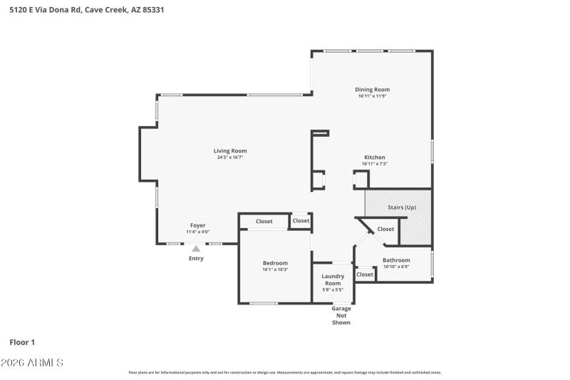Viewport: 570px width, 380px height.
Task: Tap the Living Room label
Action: click(230, 150)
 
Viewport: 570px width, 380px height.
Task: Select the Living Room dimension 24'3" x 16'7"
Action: click(230, 158)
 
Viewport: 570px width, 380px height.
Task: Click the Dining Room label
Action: click(372, 89)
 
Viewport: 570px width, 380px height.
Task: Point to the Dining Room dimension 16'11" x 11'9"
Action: click(372, 96)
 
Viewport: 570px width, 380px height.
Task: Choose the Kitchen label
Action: click(375, 157)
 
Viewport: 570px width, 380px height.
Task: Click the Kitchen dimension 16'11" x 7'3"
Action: click(375, 164)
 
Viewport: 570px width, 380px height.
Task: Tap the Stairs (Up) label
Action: click(401, 207)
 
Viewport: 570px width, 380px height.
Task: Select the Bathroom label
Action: click(396, 260)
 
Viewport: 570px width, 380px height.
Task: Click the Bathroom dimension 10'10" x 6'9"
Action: click(396, 267)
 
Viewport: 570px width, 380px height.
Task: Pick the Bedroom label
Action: click(275, 262)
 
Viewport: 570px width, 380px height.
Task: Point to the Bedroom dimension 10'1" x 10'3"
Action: click(275, 269)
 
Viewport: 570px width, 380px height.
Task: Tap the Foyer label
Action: click(197, 225)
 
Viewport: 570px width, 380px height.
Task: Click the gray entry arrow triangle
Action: click(196, 248)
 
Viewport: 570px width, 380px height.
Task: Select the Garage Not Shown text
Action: click(342, 315)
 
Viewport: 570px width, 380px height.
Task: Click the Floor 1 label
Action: click(22, 342)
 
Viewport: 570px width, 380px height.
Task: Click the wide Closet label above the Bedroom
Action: click(264, 221)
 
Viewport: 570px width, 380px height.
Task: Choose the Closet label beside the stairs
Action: click(385, 229)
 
